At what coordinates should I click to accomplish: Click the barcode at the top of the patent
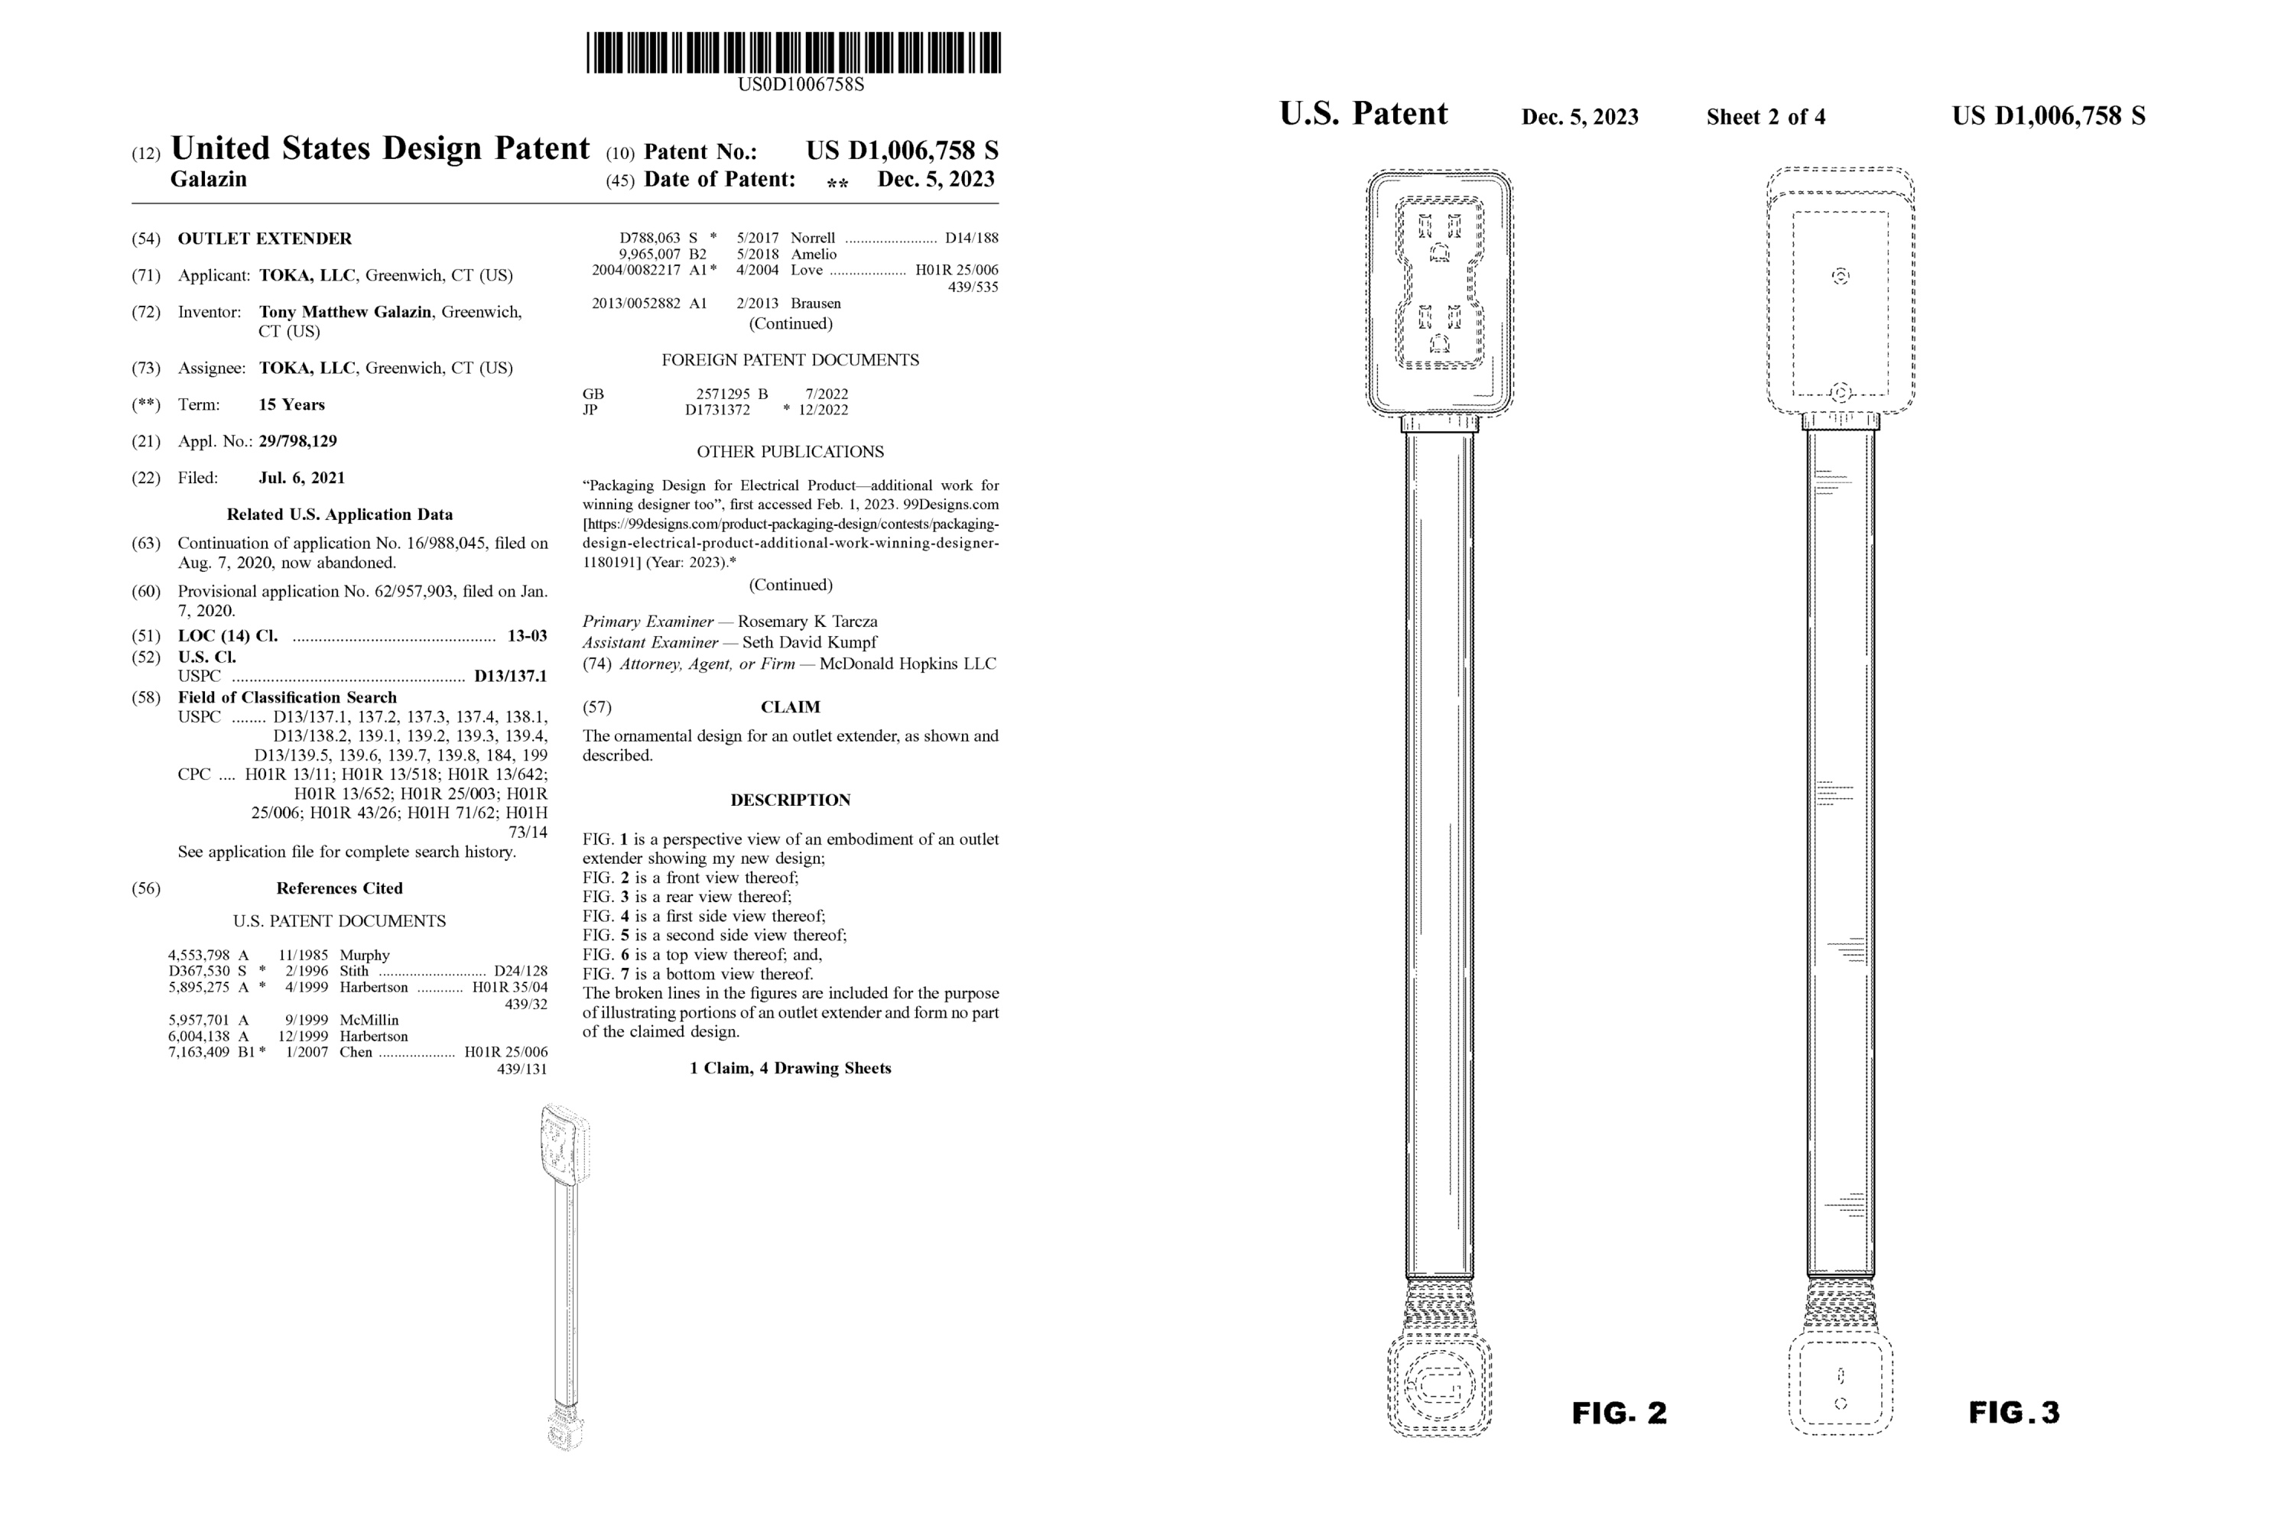pos(793,53)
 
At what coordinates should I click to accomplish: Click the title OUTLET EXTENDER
pos(265,239)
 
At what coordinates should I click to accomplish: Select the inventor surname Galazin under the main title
pos(209,180)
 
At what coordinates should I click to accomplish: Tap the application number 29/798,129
pos(297,442)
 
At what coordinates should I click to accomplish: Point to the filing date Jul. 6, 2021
pos(301,478)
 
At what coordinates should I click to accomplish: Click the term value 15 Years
pos(291,404)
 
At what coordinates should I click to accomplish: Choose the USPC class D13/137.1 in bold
pos(510,676)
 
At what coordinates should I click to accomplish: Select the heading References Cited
pos(339,888)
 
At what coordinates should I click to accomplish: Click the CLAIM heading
pos(790,707)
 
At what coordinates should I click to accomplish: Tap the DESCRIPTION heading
pos(790,800)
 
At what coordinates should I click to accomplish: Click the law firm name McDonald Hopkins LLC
pos(907,664)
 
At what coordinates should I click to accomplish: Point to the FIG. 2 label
pos(1619,1413)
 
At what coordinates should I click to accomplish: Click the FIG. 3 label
pos(2013,1413)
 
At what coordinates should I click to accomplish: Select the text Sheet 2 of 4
pos(1766,118)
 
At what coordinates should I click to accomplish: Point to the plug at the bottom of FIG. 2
pos(1438,1385)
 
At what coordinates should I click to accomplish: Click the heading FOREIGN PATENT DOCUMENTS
pos(790,361)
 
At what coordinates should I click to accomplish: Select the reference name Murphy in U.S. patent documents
pos(364,956)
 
